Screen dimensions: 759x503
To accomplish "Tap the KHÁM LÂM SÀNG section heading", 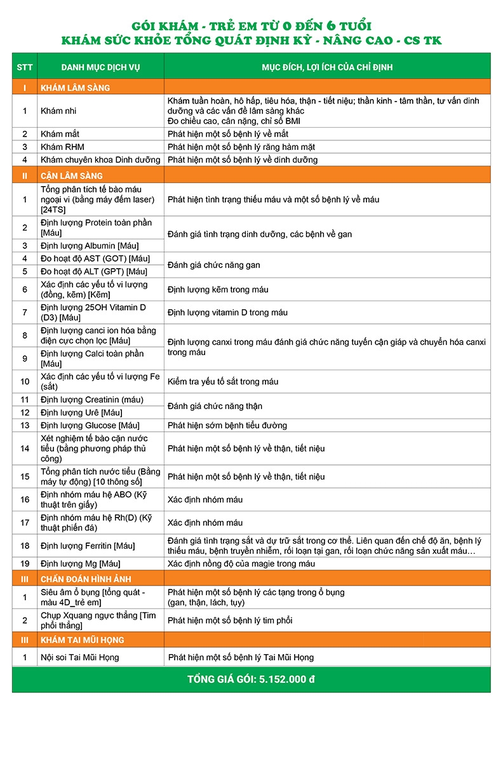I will [75, 88].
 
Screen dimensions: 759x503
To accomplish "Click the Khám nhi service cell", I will [55, 111].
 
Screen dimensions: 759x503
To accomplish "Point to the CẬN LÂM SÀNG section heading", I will [72, 176].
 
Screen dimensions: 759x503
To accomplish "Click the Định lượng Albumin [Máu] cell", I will [90, 246].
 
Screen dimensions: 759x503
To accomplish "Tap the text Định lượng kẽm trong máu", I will [218, 290].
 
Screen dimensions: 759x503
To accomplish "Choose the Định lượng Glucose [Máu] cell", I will [90, 426].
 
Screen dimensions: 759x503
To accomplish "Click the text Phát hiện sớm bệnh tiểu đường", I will [227, 426].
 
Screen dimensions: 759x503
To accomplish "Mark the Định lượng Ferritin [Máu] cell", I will [88, 546].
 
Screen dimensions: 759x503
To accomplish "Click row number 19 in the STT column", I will [25, 564].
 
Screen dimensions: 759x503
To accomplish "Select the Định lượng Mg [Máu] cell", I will [80, 564].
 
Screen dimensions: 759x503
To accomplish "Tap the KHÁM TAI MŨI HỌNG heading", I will [83, 640].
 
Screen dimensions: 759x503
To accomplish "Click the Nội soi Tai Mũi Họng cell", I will [79, 657].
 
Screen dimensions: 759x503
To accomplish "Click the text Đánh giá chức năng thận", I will [215, 406].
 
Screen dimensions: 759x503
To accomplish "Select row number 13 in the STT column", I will [25, 426].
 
